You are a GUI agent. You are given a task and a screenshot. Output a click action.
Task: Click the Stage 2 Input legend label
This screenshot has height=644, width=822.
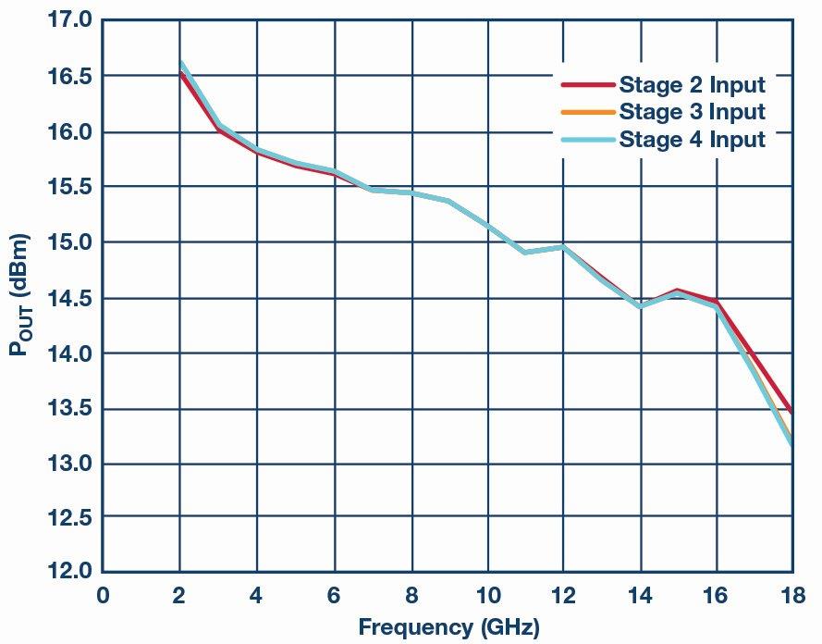pos(692,85)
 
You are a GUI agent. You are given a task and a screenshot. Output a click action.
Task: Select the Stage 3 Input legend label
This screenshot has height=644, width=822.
pos(692,112)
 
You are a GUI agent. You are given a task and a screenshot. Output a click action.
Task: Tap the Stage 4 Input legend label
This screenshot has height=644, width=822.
pos(692,140)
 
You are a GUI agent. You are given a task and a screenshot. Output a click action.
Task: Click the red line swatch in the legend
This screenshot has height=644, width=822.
pos(587,85)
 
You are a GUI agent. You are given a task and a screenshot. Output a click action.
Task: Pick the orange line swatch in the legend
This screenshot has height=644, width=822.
pos(587,112)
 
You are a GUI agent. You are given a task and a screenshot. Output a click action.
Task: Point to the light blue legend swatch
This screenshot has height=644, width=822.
pos(587,140)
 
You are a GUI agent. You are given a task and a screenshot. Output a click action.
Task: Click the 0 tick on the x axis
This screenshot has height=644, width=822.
pos(103,595)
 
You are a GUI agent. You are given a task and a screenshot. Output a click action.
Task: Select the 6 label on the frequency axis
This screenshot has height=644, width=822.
pos(334,595)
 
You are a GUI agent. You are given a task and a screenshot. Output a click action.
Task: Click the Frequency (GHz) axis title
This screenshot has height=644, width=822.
pos(448,627)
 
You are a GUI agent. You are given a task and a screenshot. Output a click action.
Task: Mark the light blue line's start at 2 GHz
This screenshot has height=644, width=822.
pos(180,64)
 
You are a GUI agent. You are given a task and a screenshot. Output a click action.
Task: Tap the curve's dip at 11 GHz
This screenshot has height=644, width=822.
pos(525,252)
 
